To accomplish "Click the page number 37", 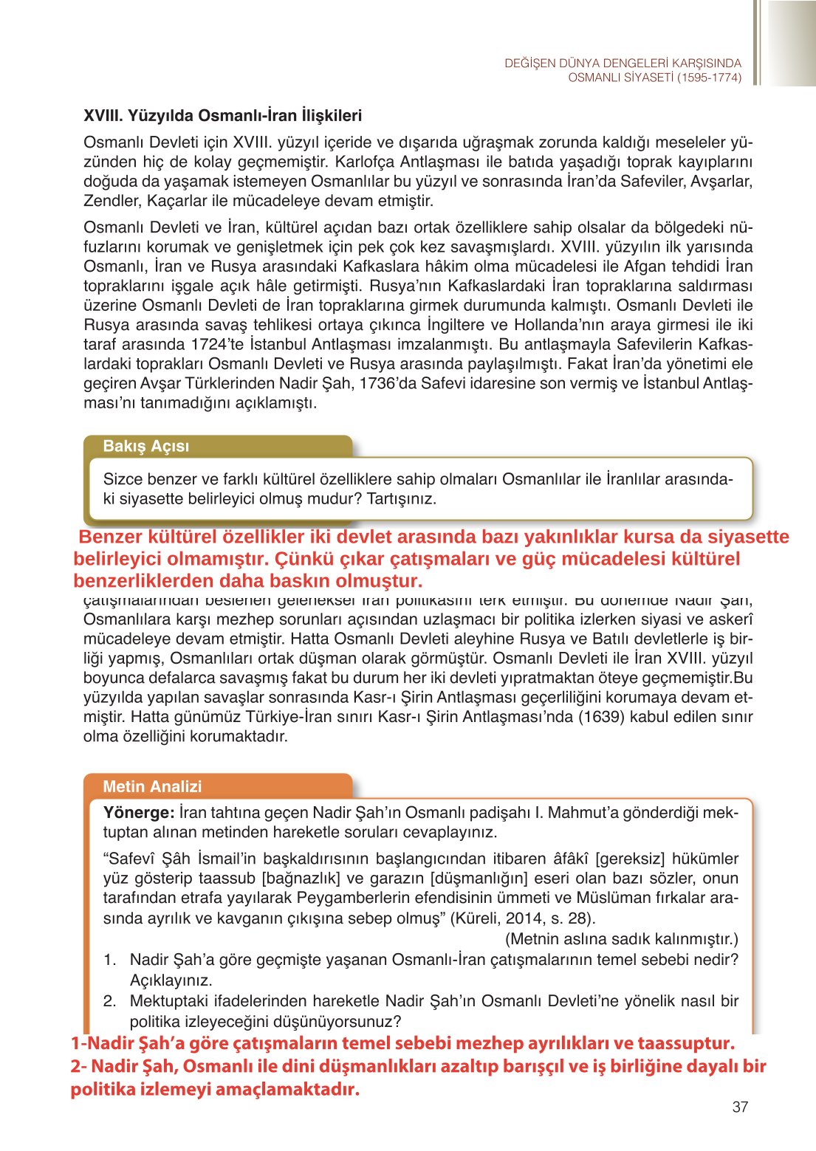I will coord(740,1107).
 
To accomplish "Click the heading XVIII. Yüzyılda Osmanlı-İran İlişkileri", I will coord(222,116).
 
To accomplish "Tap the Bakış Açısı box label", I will coord(146,446).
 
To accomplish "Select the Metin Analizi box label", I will coord(152,786).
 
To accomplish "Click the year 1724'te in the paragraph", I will coord(218,344).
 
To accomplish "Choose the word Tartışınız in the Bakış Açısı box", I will coord(401,498).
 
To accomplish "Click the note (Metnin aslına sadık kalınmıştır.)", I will coord(621,939).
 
